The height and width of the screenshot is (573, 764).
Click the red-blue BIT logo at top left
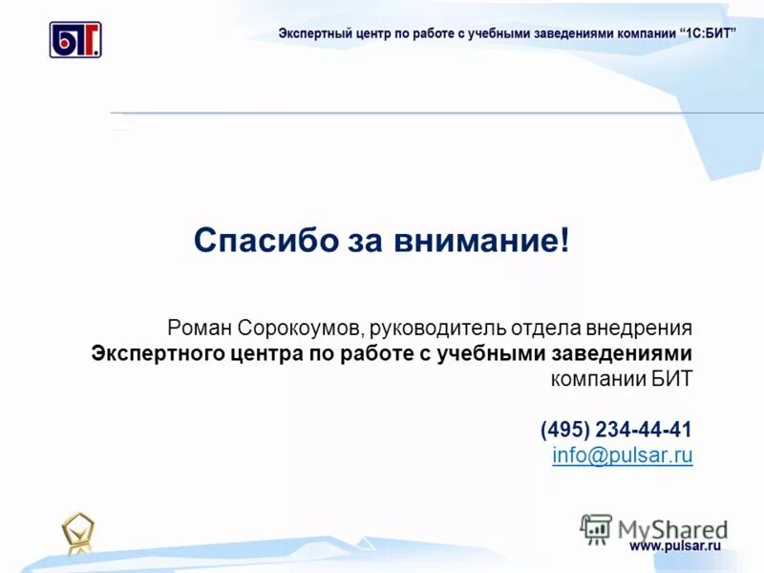pos(75,40)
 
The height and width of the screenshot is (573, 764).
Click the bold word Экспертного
pos(160,353)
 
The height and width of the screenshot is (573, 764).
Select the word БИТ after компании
pos(671,378)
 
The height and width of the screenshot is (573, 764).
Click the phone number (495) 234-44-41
pos(616,429)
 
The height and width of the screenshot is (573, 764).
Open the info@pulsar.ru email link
pos(623,455)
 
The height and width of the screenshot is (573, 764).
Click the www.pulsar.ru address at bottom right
pos(674,545)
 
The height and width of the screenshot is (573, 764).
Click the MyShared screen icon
pos(596,529)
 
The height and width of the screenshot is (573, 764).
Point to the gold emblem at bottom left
pos(78,534)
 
